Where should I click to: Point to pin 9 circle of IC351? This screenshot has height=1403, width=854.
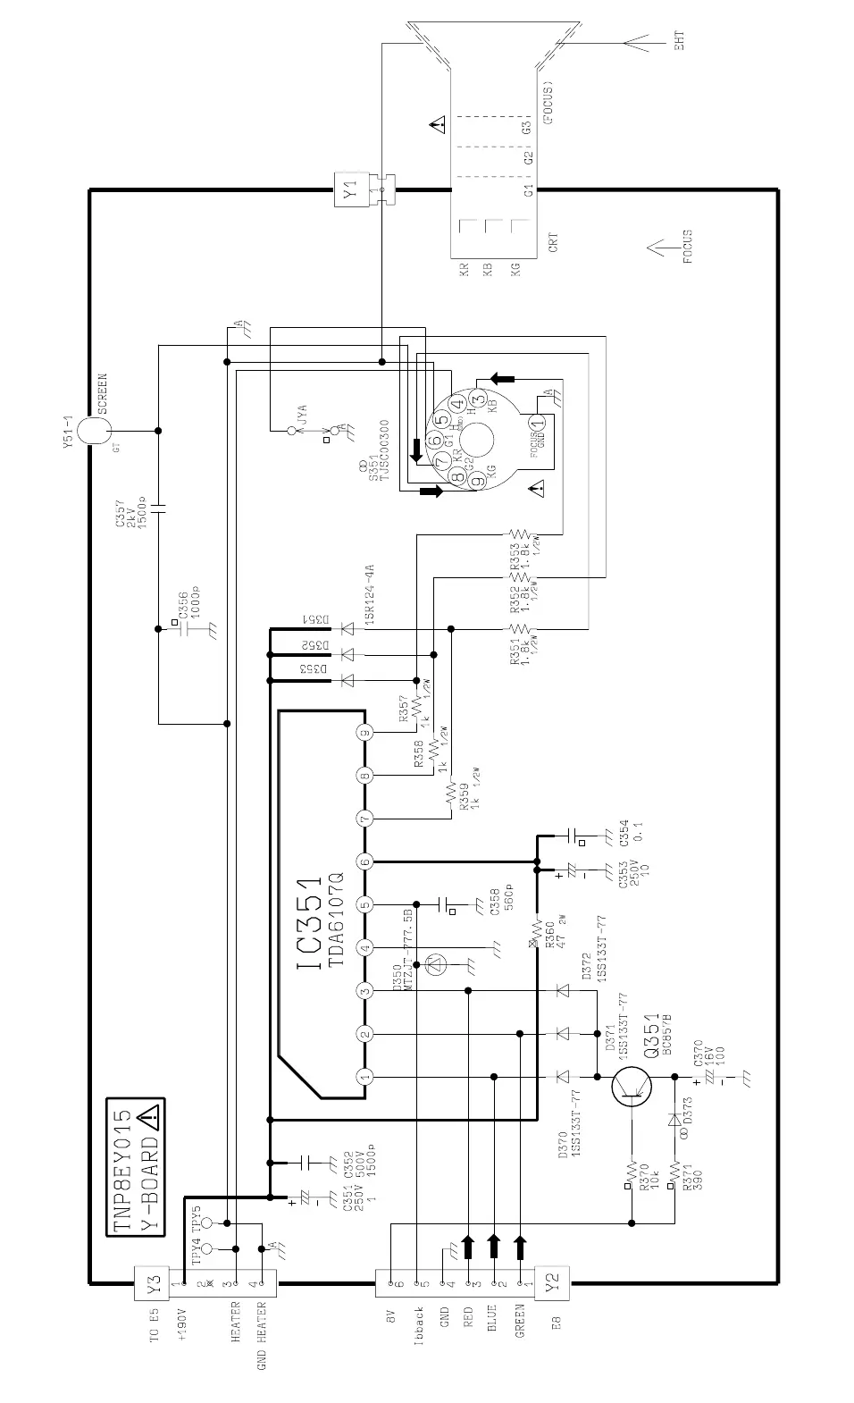coord(364,733)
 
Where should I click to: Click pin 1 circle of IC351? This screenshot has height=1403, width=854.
coord(364,1077)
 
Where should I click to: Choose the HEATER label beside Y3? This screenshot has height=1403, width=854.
coord(236,1324)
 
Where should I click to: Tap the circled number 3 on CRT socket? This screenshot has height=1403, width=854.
coord(478,399)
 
